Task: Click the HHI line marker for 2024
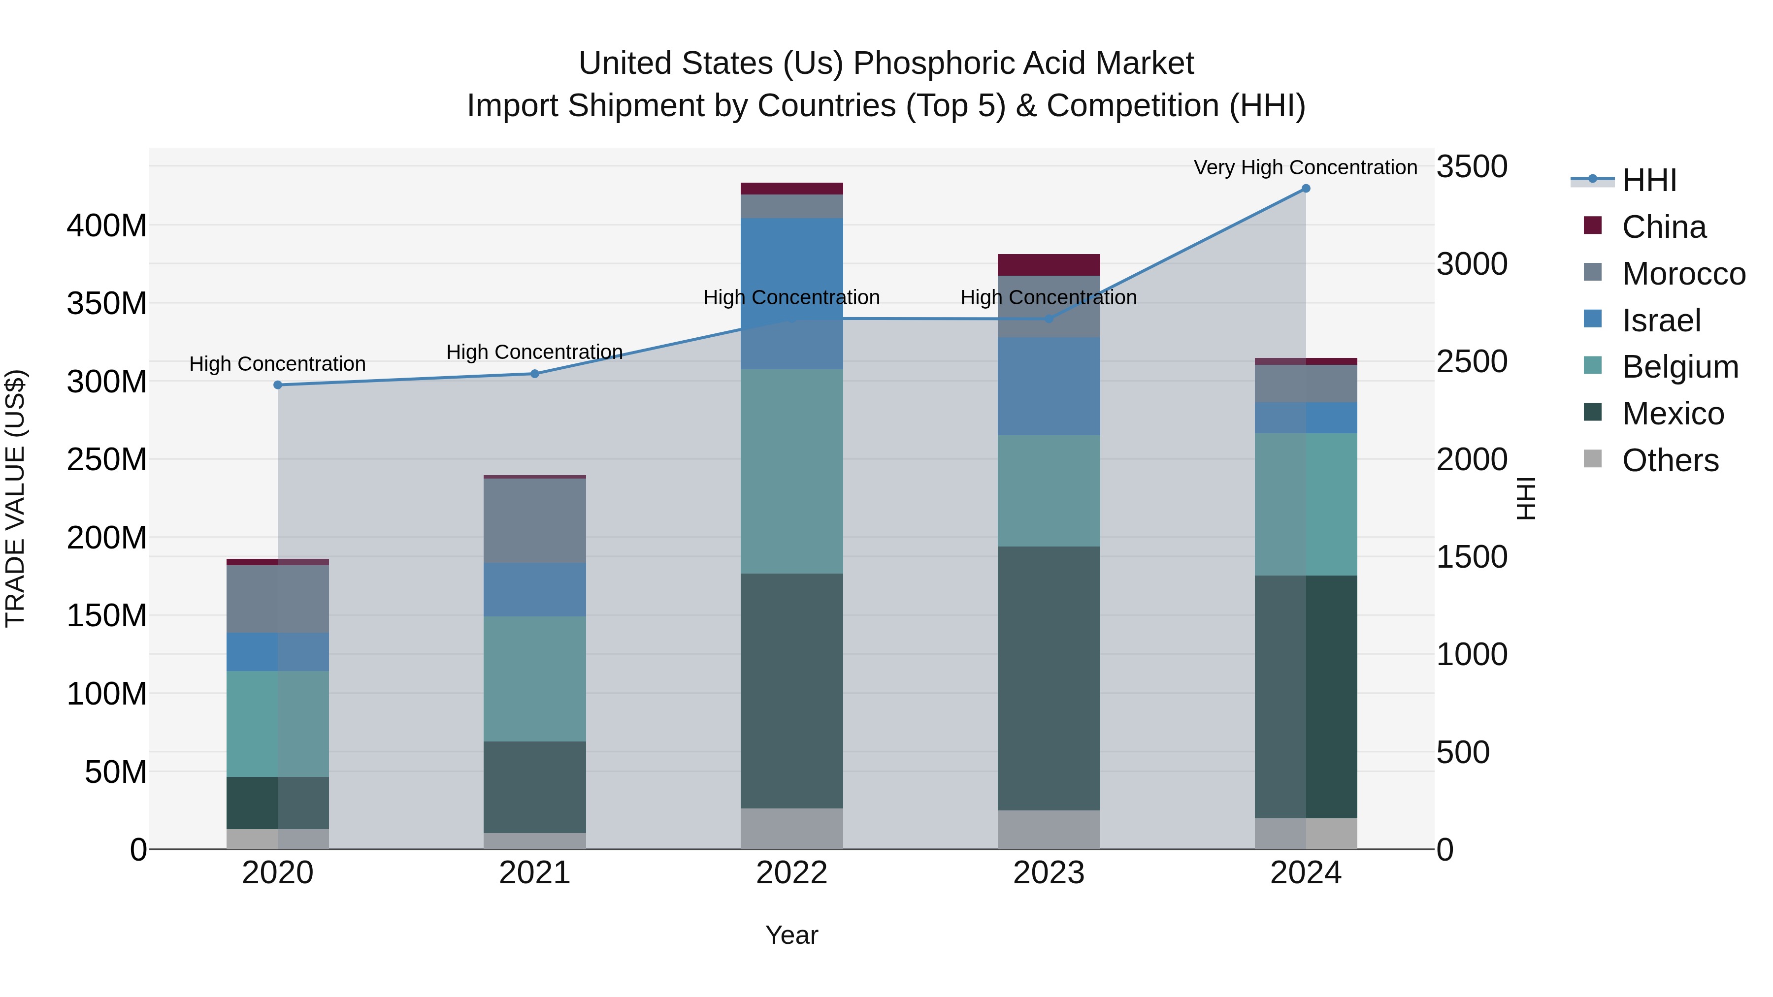[1305, 189]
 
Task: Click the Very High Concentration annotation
[1305, 167]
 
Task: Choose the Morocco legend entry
[1683, 274]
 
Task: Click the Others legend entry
[1670, 460]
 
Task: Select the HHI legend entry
[1648, 180]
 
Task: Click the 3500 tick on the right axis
[1472, 166]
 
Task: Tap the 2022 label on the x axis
[791, 873]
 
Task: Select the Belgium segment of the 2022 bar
[791, 471]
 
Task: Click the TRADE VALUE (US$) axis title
[15, 498]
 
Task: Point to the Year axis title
[791, 935]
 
